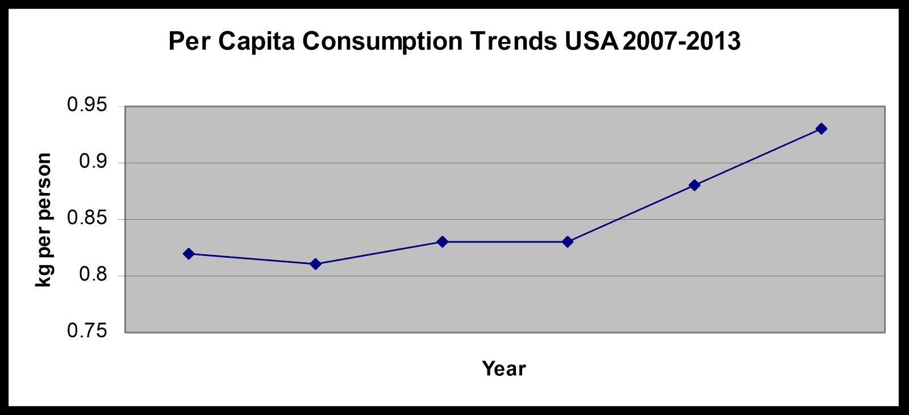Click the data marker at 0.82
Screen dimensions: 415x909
(189, 254)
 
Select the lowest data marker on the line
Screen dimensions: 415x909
(316, 264)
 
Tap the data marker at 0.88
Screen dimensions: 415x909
(694, 185)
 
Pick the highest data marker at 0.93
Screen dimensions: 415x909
(821, 129)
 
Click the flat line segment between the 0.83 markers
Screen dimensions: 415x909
(505, 242)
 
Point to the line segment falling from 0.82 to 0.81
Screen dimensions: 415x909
(252, 259)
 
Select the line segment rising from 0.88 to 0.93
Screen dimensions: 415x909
(758, 157)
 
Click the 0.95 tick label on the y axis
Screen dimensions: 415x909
(87, 105)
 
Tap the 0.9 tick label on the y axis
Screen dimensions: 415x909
(93, 162)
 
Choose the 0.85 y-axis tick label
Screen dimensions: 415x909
(87, 218)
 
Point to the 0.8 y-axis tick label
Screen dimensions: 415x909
(93, 275)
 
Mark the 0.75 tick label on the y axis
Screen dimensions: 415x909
(87, 330)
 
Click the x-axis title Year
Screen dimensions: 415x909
(504, 369)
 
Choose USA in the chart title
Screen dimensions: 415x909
(591, 41)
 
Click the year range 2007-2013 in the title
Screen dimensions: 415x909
(682, 41)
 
